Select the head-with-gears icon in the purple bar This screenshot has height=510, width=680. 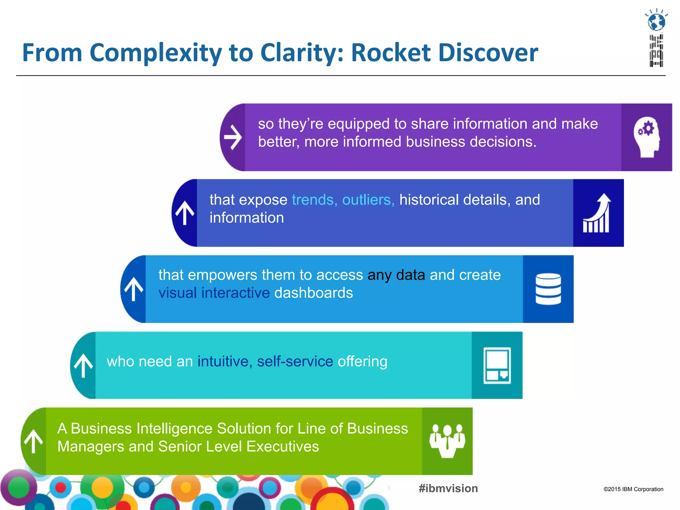646,137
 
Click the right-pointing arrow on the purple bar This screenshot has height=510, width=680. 233,137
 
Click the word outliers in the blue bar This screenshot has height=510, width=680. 368,200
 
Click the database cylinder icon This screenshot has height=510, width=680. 548,289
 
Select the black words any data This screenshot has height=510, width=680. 396,275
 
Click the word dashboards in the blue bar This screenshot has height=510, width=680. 313,293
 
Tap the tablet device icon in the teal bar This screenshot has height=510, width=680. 497,365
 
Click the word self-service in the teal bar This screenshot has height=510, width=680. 295,361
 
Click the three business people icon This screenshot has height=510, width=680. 447,441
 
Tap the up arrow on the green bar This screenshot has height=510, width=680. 34,441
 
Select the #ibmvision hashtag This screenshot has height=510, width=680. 448,488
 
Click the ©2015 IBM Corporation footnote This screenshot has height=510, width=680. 633,489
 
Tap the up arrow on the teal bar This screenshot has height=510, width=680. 83,365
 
